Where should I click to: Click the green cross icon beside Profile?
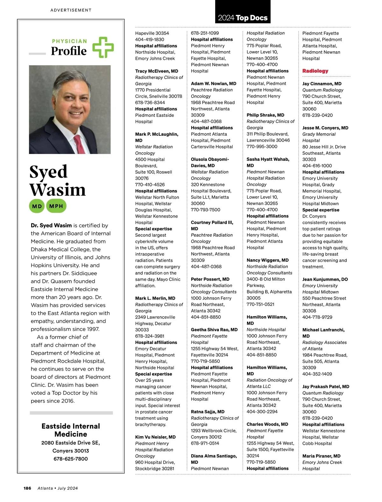[x=103, y=47]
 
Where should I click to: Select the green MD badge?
[x=37, y=206]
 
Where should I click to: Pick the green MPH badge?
[x=56, y=206]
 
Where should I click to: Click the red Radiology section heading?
[x=315, y=71]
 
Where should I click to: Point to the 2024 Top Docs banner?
[x=243, y=18]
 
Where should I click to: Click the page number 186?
[x=27, y=488]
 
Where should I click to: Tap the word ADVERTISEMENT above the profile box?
[x=71, y=10]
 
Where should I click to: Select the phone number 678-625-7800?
[x=71, y=459]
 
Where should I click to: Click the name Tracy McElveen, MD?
[x=157, y=71]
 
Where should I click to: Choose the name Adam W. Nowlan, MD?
[x=214, y=83]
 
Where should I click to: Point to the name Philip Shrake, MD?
[x=265, y=115]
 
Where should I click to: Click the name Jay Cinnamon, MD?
[x=322, y=84]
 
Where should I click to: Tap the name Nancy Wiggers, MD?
[x=268, y=260]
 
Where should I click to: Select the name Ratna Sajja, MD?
[x=208, y=412]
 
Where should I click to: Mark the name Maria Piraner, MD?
[x=322, y=456]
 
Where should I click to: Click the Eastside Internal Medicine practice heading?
[x=71, y=430]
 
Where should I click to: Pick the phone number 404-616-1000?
[x=317, y=166]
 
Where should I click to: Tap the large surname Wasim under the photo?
[x=58, y=190]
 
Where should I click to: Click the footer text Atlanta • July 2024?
[x=58, y=488]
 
